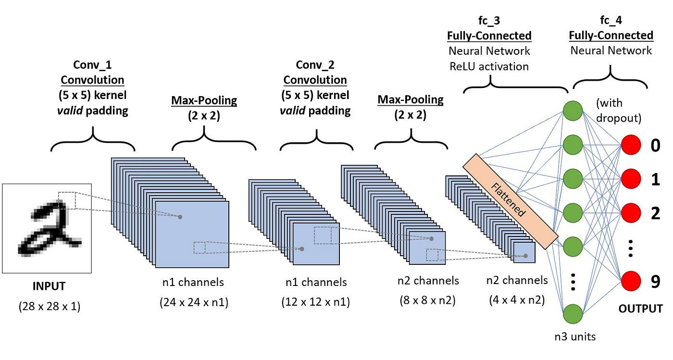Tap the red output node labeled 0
631,145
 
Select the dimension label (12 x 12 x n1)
315,303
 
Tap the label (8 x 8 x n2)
427,301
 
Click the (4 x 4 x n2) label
517,301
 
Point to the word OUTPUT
640,308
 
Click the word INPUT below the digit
49,286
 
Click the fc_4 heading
611,21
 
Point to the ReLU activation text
489,66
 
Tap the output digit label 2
655,213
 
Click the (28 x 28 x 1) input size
50,306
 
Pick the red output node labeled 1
631,179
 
